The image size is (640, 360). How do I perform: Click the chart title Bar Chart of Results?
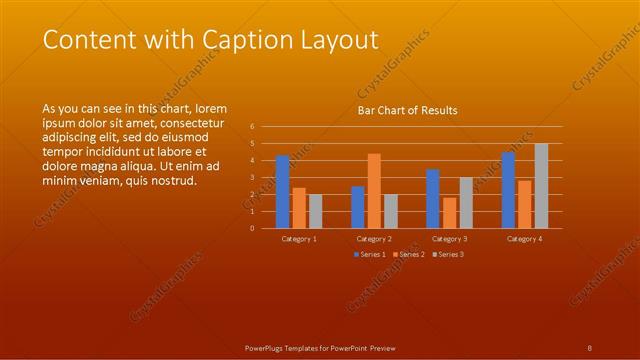(407, 110)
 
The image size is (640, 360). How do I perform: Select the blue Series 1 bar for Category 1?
(283, 191)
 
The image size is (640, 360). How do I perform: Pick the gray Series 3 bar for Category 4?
(541, 186)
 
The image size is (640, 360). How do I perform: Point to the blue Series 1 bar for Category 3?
(433, 198)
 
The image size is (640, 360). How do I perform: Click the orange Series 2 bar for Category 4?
(525, 204)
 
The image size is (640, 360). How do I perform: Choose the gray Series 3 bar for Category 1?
(316, 211)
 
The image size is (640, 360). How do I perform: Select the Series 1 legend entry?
(369, 255)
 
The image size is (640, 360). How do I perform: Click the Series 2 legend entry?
(409, 255)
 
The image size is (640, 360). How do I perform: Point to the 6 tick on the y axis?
(252, 127)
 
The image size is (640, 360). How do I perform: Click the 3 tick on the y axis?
(252, 177)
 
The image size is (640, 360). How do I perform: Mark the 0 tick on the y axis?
(252, 228)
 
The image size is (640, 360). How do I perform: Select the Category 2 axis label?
(374, 239)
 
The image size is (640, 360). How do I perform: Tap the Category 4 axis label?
(525, 239)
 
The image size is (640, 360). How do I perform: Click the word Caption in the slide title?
(242, 40)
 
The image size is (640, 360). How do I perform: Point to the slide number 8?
(590, 347)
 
